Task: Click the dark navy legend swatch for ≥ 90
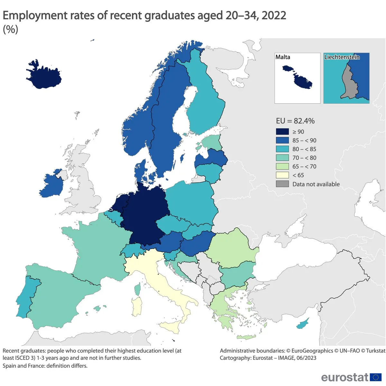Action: [x=282, y=132]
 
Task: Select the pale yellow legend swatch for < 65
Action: [x=282, y=175]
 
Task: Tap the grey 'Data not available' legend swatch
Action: [x=282, y=184]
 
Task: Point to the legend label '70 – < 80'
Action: [x=304, y=158]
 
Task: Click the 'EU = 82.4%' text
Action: [x=295, y=121]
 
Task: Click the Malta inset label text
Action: [x=283, y=57]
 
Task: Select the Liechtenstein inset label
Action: [x=342, y=57]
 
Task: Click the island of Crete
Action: [x=246, y=337]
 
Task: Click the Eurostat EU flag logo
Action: [x=375, y=377]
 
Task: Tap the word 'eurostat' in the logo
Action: [x=345, y=377]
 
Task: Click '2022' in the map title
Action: [x=274, y=15]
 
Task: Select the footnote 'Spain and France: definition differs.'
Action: [x=45, y=366]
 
